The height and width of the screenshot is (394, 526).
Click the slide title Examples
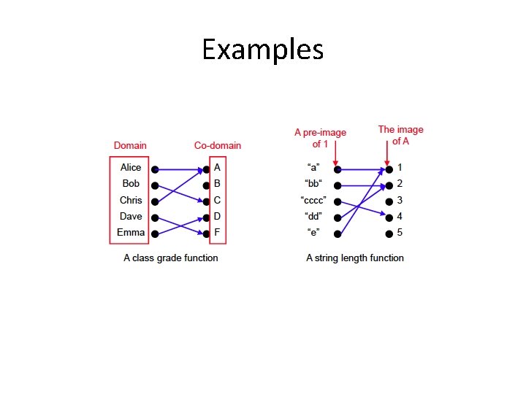[262, 50]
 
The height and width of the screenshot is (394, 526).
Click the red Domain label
[130, 146]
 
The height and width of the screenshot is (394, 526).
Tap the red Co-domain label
[217, 146]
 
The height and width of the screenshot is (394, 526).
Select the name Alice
[131, 168]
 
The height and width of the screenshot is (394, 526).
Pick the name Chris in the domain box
[131, 200]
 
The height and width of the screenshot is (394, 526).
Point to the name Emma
[131, 233]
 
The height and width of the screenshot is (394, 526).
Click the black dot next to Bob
[155, 185]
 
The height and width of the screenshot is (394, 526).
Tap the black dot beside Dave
[155, 217]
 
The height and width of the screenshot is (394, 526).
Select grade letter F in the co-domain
[217, 233]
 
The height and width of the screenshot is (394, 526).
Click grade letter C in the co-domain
[217, 200]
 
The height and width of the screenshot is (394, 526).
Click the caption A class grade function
[171, 258]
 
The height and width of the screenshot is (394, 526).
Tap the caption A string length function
[355, 258]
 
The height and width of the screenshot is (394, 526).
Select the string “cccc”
[313, 201]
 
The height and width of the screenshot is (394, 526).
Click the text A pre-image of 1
[320, 137]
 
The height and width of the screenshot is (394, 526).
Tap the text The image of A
[400, 135]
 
